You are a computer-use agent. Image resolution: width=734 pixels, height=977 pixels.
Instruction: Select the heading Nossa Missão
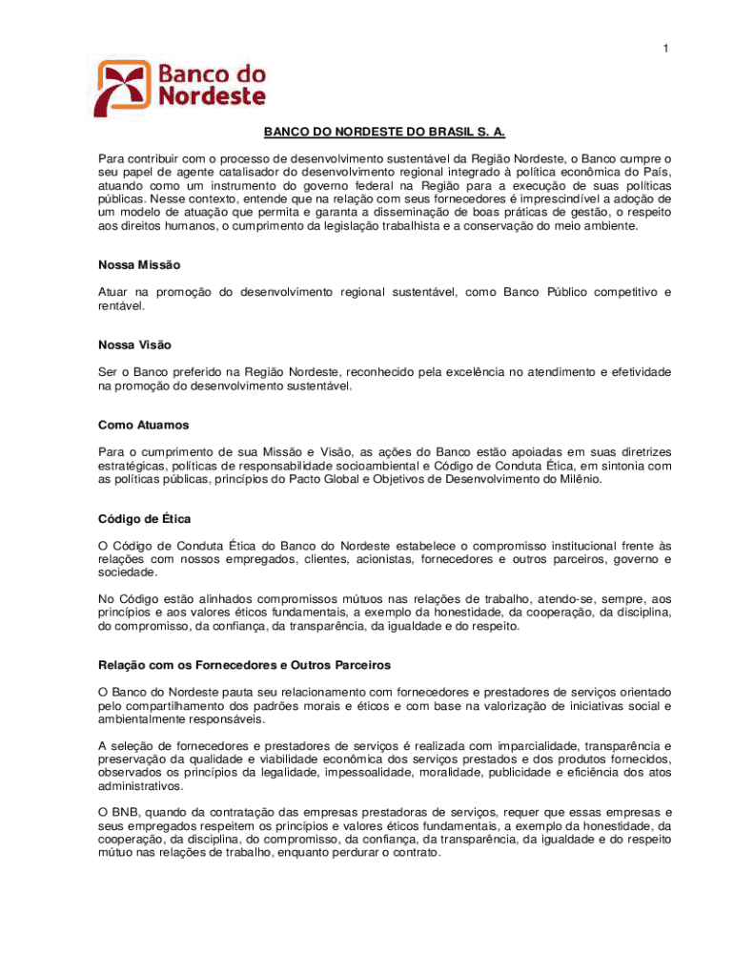[x=139, y=264]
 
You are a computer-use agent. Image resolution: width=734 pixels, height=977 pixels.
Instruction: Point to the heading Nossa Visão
[x=134, y=344]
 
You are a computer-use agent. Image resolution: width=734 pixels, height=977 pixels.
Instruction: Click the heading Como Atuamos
[x=142, y=425]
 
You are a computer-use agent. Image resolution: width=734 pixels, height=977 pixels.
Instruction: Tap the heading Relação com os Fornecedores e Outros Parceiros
[x=244, y=664]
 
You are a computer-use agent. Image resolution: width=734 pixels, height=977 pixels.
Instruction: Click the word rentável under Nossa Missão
[x=122, y=305]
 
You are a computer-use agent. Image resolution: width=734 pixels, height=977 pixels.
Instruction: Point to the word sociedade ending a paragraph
[x=128, y=572]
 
